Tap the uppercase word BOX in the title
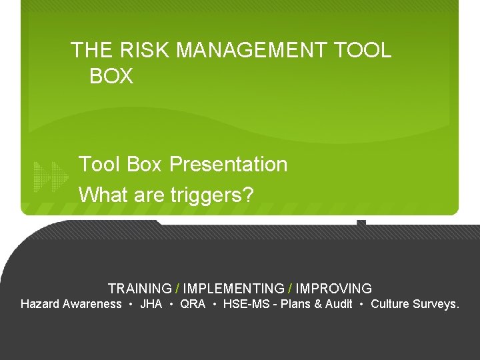click(111, 77)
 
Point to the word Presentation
click(228, 164)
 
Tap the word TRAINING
click(139, 289)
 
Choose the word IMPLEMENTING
click(233, 289)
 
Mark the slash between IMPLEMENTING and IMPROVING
click(290, 289)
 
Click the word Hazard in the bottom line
click(38, 304)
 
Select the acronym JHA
click(151, 304)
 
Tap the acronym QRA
click(193, 304)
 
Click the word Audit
click(337, 304)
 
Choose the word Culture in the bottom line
click(389, 304)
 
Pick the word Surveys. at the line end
click(436, 304)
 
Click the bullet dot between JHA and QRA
click(171, 305)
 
